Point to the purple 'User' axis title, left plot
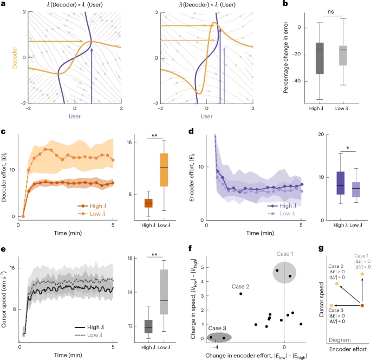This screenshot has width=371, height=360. (x=74, y=115)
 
